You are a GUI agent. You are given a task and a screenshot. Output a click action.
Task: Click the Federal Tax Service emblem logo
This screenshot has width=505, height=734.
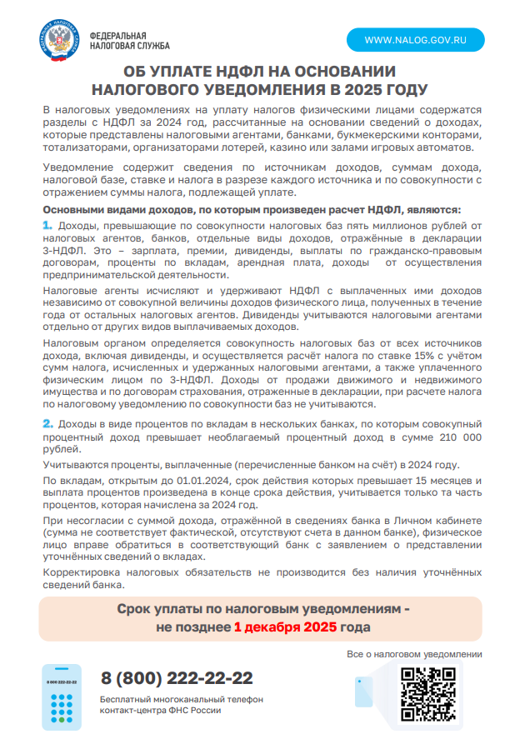pos(58,41)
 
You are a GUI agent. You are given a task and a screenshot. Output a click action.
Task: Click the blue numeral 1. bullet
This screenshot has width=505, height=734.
pos(47,225)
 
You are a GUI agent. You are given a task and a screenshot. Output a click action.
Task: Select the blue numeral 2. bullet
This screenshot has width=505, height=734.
pos(47,425)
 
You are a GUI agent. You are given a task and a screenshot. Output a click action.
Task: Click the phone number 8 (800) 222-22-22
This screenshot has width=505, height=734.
pos(177,678)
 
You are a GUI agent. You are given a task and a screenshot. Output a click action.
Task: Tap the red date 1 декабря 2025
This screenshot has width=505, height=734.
pos(285,627)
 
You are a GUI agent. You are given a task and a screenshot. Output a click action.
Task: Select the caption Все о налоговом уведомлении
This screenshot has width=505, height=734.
pos(415,655)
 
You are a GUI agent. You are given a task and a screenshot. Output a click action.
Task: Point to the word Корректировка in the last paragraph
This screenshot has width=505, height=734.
pos(81,572)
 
